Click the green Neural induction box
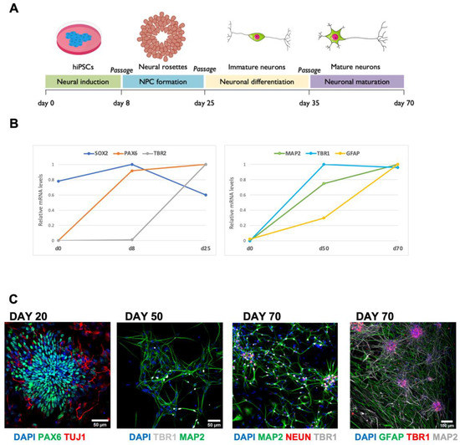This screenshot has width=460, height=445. tap(83, 82)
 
